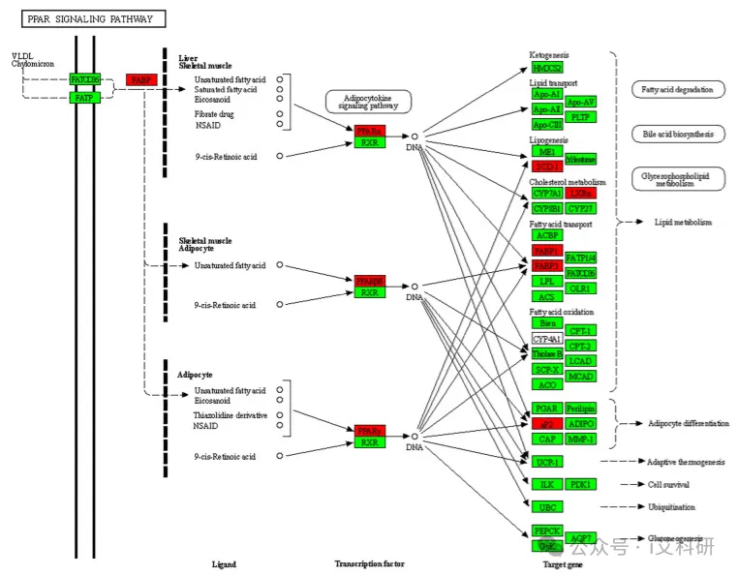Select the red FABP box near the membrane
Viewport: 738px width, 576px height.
point(141,79)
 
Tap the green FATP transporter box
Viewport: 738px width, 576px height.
point(84,98)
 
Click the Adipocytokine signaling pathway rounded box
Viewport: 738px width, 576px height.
point(368,102)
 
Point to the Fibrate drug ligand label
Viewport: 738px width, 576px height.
point(214,114)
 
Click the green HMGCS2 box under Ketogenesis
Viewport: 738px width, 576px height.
point(546,68)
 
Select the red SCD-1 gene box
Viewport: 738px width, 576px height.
point(546,167)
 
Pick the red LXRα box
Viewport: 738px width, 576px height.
point(581,194)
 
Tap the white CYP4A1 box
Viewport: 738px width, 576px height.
point(546,340)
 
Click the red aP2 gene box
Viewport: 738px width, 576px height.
point(546,424)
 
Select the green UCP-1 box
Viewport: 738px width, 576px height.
point(546,462)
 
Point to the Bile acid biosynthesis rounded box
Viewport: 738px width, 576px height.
point(678,134)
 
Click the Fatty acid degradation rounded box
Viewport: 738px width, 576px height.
point(678,89)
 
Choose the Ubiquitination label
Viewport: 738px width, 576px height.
point(671,506)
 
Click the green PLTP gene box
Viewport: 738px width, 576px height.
point(581,117)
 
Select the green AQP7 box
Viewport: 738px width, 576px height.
point(581,538)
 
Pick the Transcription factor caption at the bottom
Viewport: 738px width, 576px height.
point(369,563)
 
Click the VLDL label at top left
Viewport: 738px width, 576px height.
point(21,56)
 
